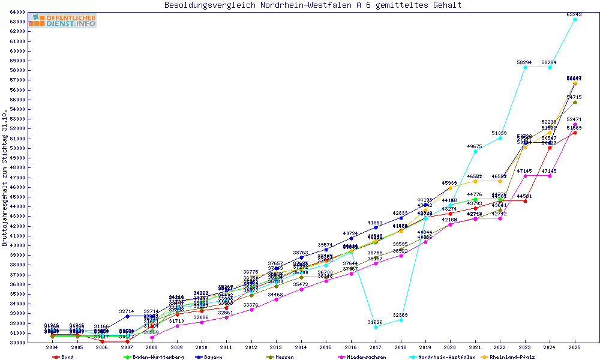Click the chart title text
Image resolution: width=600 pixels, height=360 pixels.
[313, 5]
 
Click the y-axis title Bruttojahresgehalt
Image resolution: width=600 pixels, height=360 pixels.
[5, 178]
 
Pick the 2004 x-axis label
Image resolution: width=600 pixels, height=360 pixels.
[52, 347]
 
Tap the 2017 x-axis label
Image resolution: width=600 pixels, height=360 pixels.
[376, 347]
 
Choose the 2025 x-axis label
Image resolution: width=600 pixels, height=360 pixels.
[575, 347]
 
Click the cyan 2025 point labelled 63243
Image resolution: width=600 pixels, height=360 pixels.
[575, 19]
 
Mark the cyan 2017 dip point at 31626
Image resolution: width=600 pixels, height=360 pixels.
[376, 327]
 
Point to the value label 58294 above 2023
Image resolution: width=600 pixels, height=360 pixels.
[525, 62]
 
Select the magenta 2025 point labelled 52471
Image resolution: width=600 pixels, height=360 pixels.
[575, 125]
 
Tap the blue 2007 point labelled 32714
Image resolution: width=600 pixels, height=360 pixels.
[127, 316]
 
